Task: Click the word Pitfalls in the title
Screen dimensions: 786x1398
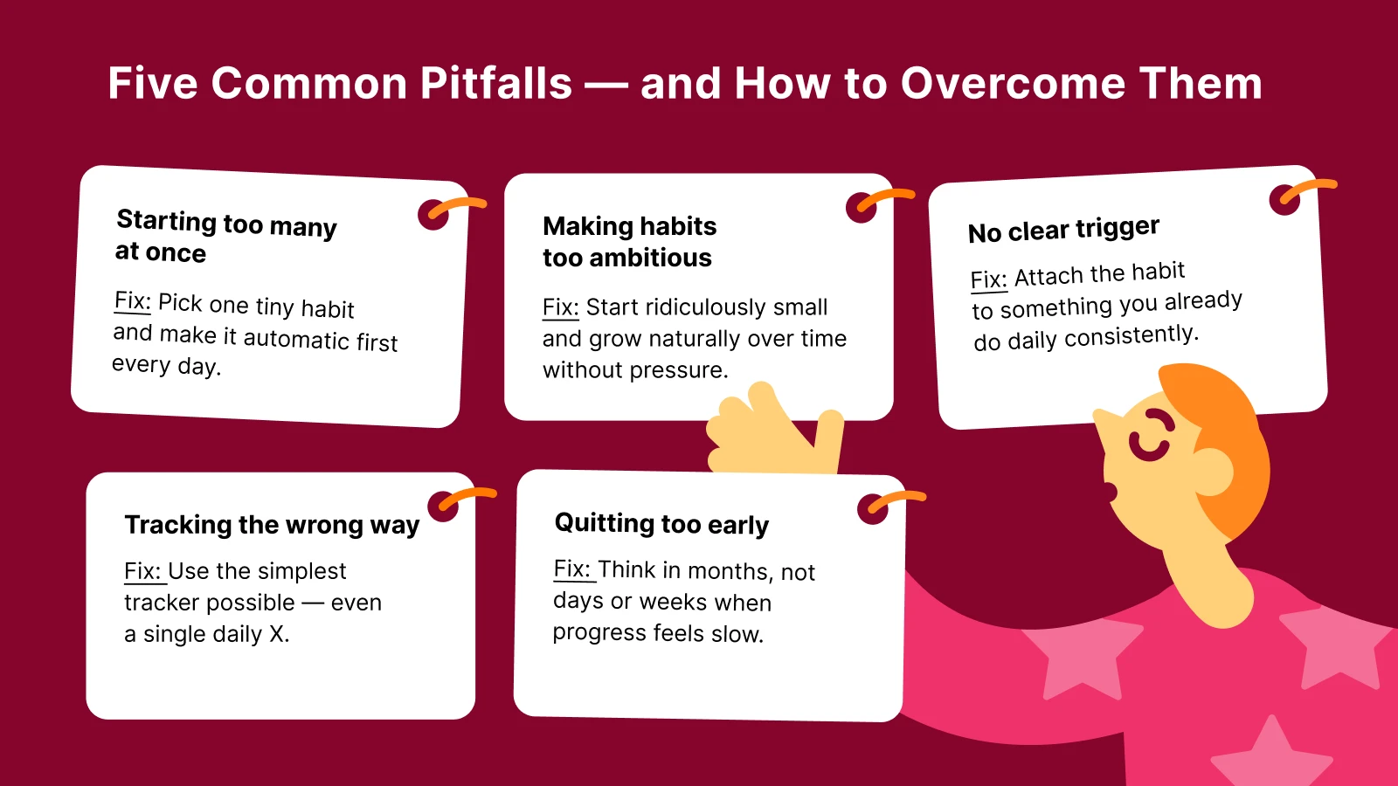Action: pos(495,84)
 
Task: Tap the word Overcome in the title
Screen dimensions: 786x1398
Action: pos(1013,84)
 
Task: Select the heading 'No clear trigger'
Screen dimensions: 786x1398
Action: pos(1063,230)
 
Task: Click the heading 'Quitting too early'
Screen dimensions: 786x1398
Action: pos(661,524)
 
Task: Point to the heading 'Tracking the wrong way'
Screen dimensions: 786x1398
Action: pos(272,525)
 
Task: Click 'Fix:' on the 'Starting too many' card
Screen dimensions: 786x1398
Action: pos(133,301)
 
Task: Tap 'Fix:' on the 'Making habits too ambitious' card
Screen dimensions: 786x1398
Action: pos(560,307)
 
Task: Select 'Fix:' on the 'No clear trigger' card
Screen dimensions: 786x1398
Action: pos(988,279)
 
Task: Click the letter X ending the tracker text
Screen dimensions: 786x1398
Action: pos(277,634)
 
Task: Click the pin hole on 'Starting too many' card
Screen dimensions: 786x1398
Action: pos(433,215)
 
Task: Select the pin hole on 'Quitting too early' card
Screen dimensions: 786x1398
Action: pos(872,509)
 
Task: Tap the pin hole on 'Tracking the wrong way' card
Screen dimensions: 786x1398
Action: pos(442,507)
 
